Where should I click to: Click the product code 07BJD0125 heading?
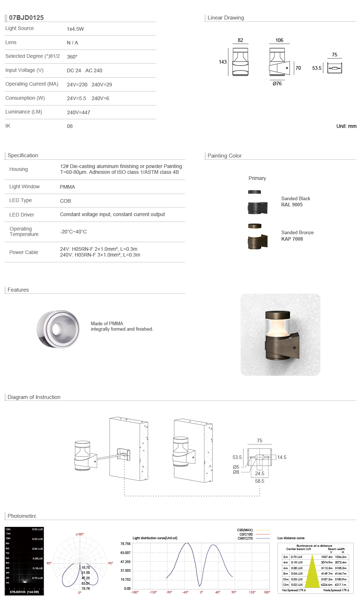pos(26,18)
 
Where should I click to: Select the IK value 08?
pos(70,126)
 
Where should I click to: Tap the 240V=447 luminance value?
pos(78,112)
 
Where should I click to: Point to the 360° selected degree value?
pos(72,57)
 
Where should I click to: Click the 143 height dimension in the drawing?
pos(223,62)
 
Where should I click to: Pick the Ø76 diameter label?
pos(277,83)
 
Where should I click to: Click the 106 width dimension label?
pos(279,40)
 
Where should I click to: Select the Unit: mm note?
pos(346,126)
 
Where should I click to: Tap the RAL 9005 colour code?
pos(292,205)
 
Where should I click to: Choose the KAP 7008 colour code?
pos(292,239)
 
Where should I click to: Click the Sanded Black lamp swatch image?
pos(257,202)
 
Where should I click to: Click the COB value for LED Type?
pos(65,201)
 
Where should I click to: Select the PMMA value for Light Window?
pos(68,187)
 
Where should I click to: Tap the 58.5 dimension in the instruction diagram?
pos(260,481)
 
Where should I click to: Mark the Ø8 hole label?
pos(236,472)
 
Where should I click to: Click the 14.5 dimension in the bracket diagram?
pos(282,457)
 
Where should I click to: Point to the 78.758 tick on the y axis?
pos(125,544)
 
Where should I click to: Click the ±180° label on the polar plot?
pos(80,534)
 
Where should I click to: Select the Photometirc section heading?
pos(22,516)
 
